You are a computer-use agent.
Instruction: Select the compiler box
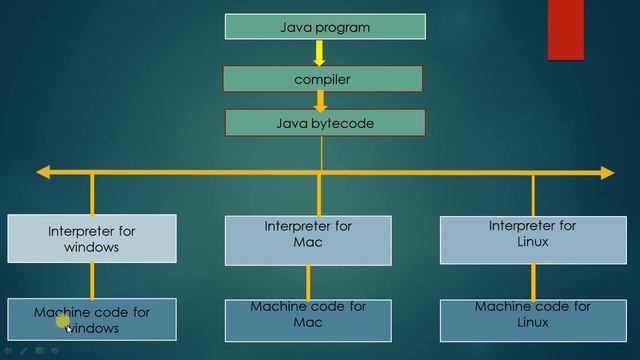coord(322,78)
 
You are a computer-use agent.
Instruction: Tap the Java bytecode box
coord(324,123)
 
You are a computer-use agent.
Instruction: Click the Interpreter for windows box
coord(91,238)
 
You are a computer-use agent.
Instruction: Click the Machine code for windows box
coord(91,319)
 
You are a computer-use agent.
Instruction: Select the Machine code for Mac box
coord(308,319)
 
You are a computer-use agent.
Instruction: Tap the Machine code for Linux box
coord(532,319)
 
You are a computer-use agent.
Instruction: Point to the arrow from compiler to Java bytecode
coord(321,101)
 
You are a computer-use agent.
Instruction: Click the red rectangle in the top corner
coord(565,29)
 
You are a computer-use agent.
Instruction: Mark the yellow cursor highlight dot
coord(62,320)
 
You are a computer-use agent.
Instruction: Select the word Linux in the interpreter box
coord(533,242)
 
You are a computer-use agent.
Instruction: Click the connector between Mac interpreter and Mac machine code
coord(308,281)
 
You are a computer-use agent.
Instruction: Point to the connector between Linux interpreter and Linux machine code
coord(532,281)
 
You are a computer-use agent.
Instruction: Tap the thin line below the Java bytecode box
coord(321,151)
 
